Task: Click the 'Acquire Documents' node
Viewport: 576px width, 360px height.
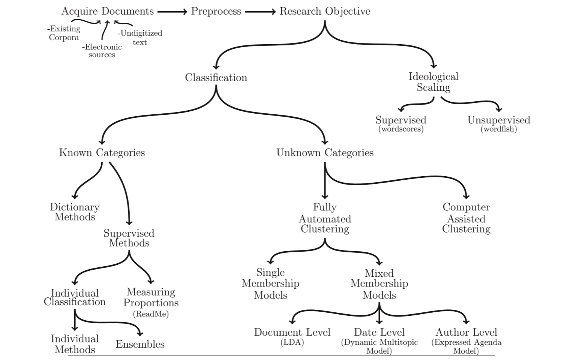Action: [108, 11]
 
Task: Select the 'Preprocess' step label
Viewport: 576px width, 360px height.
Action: [216, 11]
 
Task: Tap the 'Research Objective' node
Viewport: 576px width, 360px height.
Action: [325, 11]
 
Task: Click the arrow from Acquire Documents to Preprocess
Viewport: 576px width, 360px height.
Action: [172, 12]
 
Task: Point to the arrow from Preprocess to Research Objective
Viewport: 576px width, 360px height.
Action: [260, 12]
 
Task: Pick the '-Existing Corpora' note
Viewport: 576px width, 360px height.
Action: [64, 33]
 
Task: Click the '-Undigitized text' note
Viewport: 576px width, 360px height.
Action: [140, 37]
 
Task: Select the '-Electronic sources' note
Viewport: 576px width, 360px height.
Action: [102, 51]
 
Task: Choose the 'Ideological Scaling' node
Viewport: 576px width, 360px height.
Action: [433, 82]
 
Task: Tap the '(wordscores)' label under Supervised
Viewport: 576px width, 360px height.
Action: [401, 129]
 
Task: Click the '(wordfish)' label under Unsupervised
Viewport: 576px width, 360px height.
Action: [499, 129]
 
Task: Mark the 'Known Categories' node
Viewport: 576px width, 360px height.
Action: [102, 153]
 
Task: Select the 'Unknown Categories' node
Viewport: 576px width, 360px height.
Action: [325, 153]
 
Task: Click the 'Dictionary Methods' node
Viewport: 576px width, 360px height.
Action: [75, 212]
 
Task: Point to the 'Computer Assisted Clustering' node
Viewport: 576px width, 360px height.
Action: [466, 218]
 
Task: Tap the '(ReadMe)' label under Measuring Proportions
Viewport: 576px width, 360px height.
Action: [151, 314]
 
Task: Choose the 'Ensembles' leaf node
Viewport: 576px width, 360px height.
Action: [140, 344]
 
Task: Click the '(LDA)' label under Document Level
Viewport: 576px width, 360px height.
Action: [292, 342]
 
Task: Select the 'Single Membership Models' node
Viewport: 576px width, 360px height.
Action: [270, 283]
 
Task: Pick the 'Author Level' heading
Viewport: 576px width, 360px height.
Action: [466, 332]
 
